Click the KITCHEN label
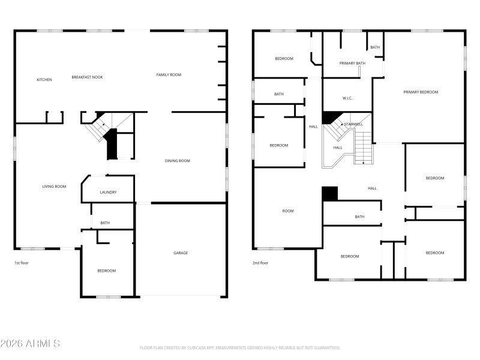[x=44, y=80]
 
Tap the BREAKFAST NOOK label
[x=87, y=77]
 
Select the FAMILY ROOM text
[x=169, y=75]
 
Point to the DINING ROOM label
[x=178, y=161]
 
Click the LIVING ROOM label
[x=54, y=187]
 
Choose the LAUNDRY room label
[x=108, y=193]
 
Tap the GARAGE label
[x=181, y=253]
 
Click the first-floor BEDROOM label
[x=107, y=271]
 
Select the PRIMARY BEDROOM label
[x=421, y=92]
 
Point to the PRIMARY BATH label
[x=352, y=63]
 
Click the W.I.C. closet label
[x=347, y=98]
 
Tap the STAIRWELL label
[x=353, y=124]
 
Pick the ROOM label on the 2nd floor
[x=288, y=211]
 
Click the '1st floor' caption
[x=22, y=263]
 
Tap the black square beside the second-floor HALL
[x=330, y=194]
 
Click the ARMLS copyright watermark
[x=30, y=344]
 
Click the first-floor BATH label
[x=105, y=223]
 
